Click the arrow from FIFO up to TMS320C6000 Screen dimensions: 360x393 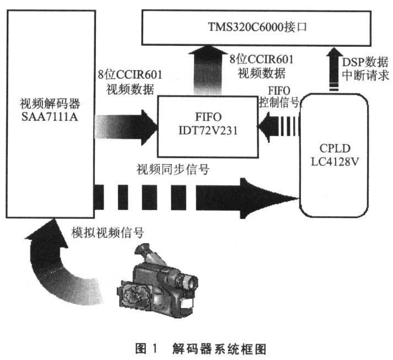(x=207, y=69)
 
